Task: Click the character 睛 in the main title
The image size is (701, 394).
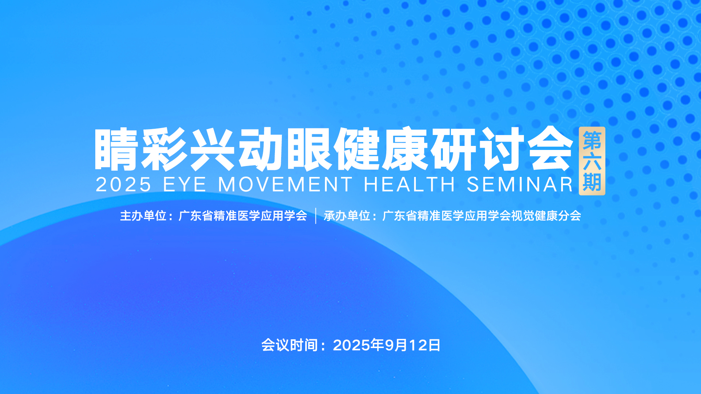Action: [x=116, y=149]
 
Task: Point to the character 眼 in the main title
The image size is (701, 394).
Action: [x=309, y=149]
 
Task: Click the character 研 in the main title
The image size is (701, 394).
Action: [x=453, y=149]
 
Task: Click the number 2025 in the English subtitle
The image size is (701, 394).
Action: [x=123, y=184]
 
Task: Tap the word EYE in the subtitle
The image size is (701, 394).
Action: [x=185, y=184]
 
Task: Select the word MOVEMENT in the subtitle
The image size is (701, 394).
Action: [x=285, y=184]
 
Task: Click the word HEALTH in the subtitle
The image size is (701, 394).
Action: [x=409, y=184]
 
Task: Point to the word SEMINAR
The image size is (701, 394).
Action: [x=520, y=184]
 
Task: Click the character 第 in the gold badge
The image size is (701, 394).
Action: [x=592, y=141]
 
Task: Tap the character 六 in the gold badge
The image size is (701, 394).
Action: [x=592, y=161]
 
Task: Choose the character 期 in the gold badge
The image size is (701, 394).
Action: [x=592, y=182]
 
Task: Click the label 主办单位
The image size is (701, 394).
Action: [x=143, y=216]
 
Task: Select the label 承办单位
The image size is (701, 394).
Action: [x=347, y=216]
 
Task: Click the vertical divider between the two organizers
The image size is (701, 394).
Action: [x=315, y=216]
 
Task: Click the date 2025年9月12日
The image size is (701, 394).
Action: [x=387, y=345]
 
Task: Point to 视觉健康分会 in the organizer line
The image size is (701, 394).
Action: [x=546, y=216]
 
